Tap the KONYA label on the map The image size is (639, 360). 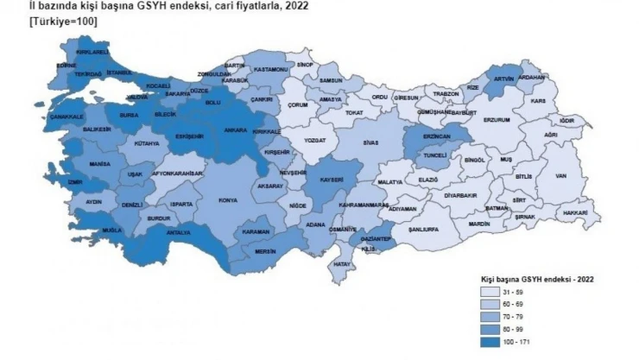tap(228, 200)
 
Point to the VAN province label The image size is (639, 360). tap(560, 176)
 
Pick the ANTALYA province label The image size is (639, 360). tap(177, 231)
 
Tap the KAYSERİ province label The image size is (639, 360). tap(331, 180)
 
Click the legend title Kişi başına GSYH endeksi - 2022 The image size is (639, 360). tap(535, 280)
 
